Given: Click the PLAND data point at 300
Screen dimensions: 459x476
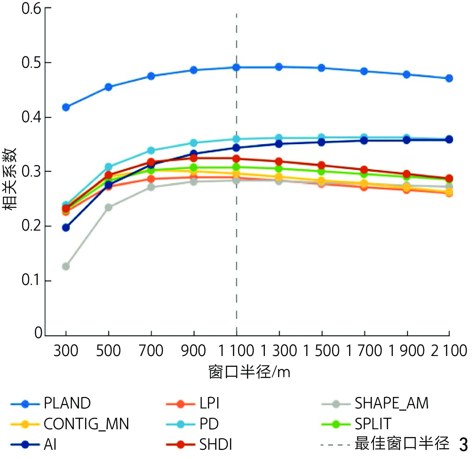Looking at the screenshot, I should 66,107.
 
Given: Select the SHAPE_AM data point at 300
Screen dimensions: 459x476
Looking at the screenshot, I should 66,266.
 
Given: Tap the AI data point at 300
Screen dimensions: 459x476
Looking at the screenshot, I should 66,228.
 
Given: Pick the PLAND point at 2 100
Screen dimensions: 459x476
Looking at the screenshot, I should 449,78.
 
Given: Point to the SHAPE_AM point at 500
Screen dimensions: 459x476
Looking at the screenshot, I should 108,207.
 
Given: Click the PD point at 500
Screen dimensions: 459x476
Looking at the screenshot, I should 108,167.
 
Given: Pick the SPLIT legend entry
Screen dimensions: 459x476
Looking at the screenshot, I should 373,424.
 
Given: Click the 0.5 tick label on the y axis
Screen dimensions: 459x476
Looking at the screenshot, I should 31,63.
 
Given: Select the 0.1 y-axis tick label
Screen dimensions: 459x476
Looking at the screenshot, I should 31,280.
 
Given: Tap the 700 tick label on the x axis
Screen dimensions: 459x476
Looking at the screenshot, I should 151,351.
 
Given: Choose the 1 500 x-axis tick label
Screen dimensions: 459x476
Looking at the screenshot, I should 321,351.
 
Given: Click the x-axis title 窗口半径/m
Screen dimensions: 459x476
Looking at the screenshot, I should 249,372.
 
